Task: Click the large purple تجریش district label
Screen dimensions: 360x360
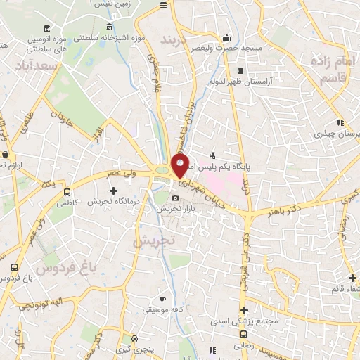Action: click(x=153, y=239)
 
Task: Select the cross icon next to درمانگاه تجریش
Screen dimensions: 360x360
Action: click(x=113, y=191)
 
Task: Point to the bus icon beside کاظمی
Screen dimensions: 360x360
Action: click(x=67, y=191)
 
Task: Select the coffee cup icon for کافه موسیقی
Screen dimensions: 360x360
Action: click(x=162, y=299)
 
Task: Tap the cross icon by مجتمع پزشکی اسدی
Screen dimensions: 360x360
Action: click(x=244, y=311)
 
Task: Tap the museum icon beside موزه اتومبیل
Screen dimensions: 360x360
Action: click(x=47, y=28)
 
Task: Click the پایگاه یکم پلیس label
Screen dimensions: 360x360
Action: click(x=232, y=167)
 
